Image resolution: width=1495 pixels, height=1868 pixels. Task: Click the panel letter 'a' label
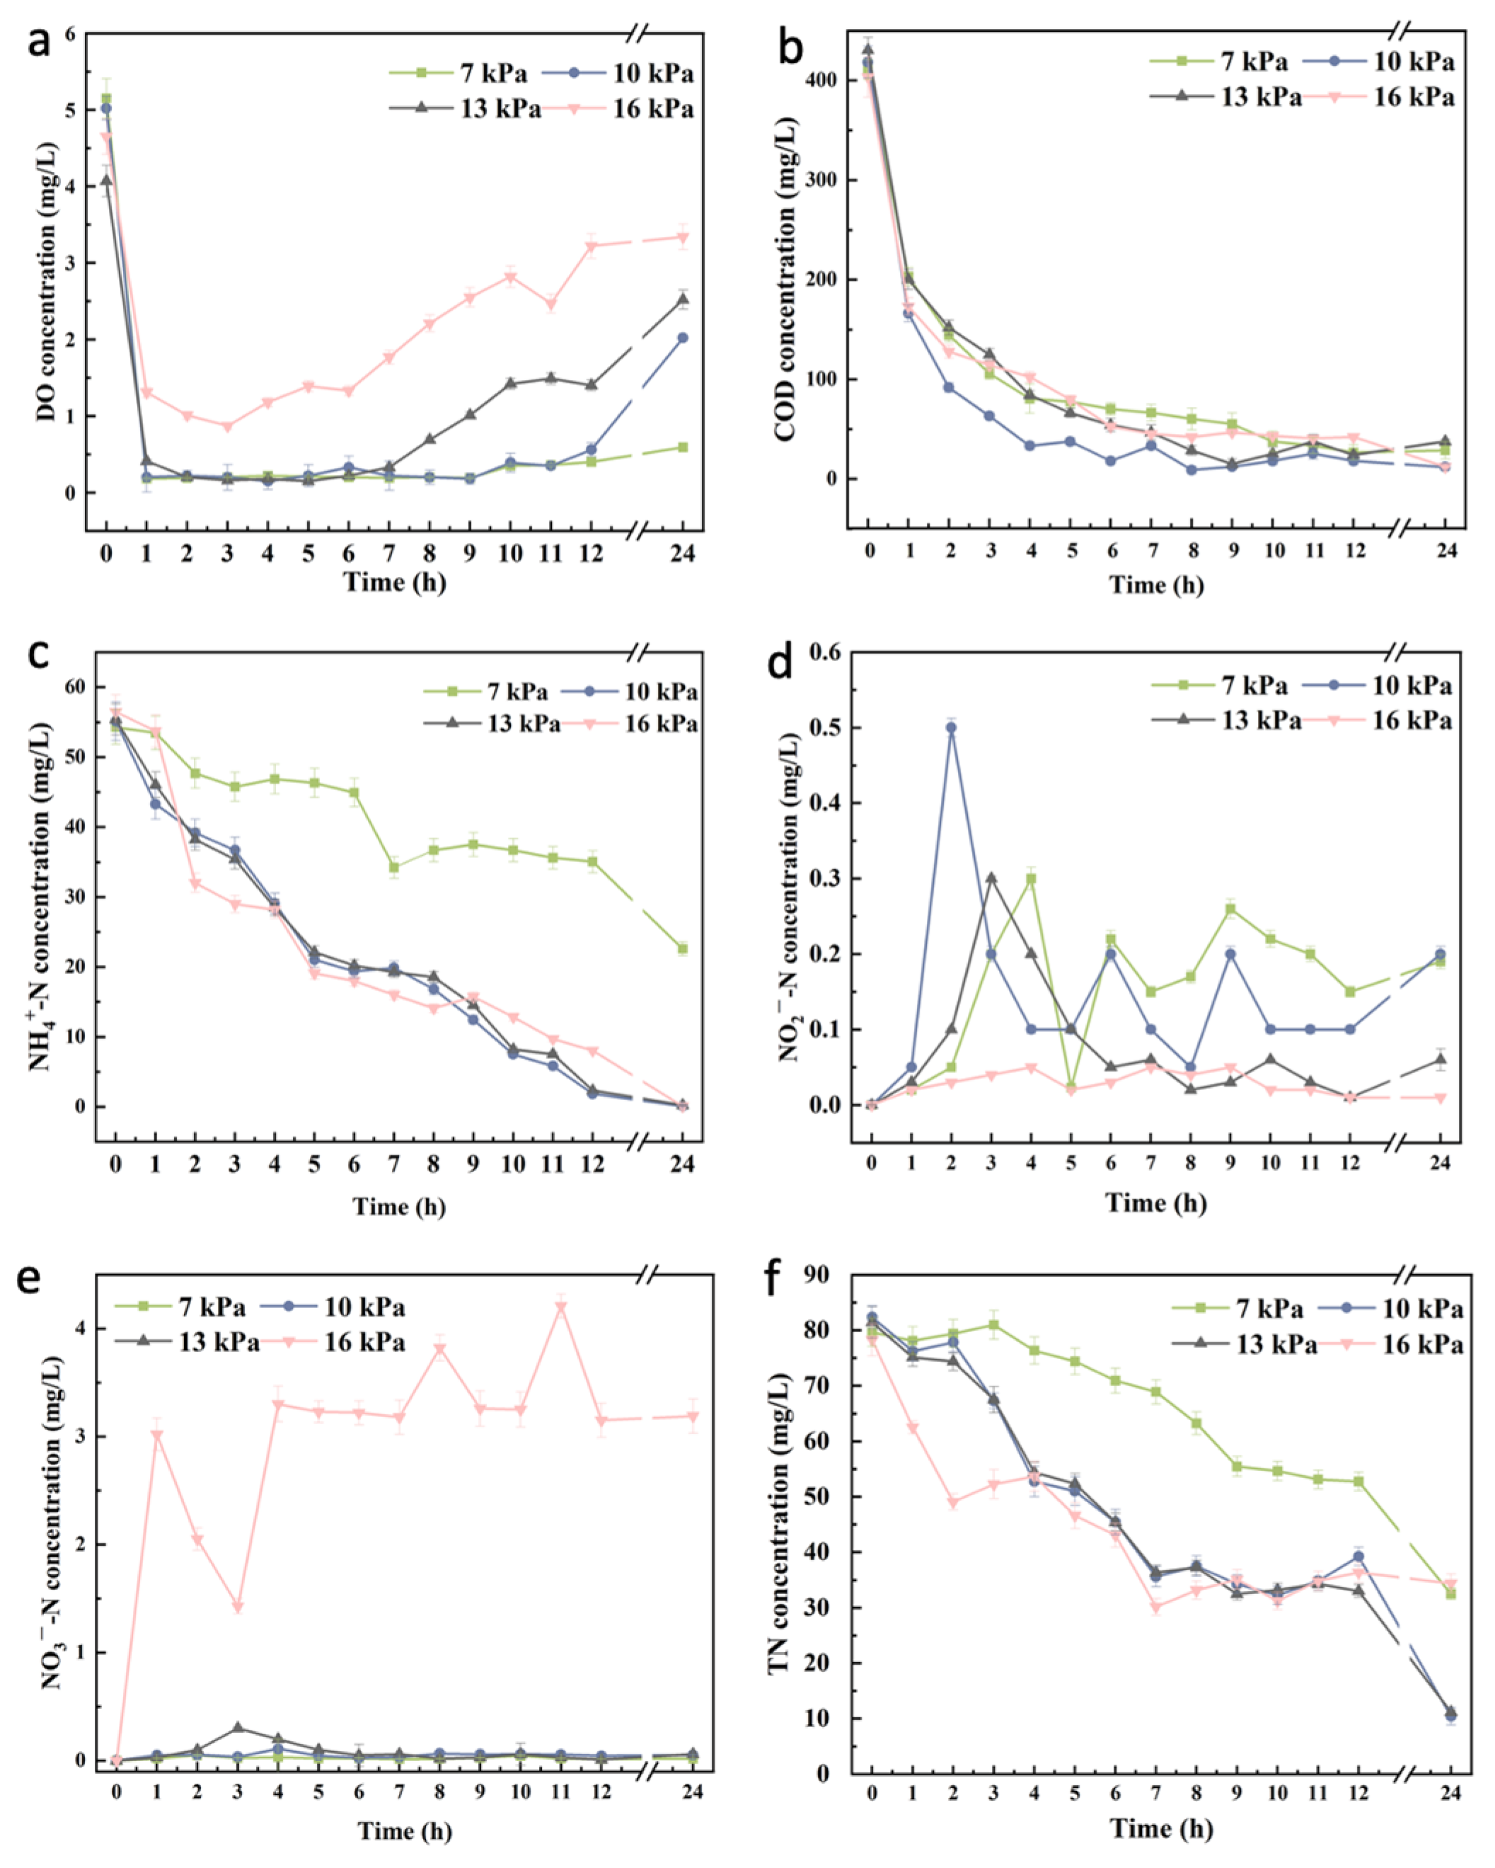pos(39,43)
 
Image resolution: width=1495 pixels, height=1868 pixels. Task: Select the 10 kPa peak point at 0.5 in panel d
pos(951,728)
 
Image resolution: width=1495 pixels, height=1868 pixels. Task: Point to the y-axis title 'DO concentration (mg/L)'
pos(46,282)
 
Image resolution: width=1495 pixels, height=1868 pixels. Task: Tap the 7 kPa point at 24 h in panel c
pos(683,949)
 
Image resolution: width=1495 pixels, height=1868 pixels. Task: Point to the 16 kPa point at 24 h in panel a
pos(683,236)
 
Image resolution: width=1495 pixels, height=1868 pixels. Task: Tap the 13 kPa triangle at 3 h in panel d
pos(991,878)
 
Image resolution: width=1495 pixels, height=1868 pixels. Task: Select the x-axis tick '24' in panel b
pos(1445,551)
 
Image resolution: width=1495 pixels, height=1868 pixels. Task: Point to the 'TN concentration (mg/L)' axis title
pos(780,1525)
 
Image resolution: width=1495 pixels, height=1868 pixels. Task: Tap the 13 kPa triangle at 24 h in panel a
pos(683,300)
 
